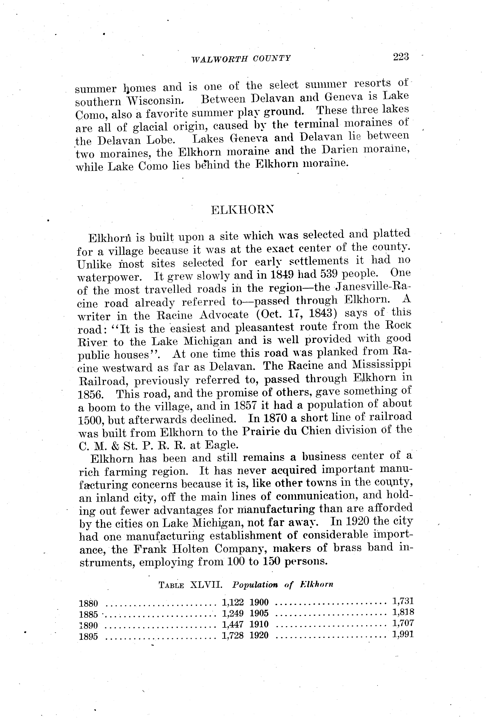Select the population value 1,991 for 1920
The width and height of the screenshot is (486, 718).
(403, 634)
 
